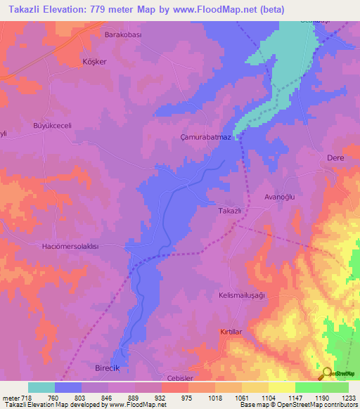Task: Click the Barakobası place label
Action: [123, 34]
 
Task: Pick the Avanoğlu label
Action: [281, 197]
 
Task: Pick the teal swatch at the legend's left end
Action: [41, 387]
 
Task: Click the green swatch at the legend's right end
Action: [335, 387]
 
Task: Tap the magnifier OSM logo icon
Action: [326, 372]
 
